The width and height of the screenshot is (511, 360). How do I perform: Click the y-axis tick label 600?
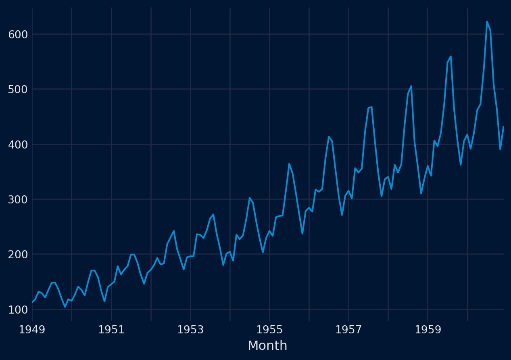pos(18,34)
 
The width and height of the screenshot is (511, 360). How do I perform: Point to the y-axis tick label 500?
pos(18,89)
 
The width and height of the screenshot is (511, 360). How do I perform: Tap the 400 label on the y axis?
pos(18,144)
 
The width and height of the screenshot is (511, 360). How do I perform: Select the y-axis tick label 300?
pos(18,199)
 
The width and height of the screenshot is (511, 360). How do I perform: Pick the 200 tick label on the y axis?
pos(18,255)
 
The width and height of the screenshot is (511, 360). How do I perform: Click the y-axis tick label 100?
pos(18,310)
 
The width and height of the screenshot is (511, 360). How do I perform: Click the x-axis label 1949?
pos(32,330)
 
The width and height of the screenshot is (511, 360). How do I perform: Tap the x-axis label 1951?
pos(111,330)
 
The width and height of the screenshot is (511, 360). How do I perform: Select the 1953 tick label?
pos(190,330)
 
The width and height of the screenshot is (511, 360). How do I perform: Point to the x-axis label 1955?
pos(269,330)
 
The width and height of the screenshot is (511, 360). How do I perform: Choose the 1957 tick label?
pos(348,330)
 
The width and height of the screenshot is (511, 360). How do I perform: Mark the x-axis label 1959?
pos(428,330)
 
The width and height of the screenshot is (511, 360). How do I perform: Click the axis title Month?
pos(267,346)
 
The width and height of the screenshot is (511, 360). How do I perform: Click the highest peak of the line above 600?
pos(487,22)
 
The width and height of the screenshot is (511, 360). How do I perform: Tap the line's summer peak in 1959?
pos(451,57)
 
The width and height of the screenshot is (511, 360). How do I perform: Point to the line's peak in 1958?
pos(411,86)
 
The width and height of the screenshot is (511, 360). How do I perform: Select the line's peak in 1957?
pos(371,107)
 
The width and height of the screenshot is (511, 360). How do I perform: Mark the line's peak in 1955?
pos(289,163)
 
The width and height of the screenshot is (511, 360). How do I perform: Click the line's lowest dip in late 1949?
pos(65,307)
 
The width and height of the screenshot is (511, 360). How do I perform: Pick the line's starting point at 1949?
pos(32,302)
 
